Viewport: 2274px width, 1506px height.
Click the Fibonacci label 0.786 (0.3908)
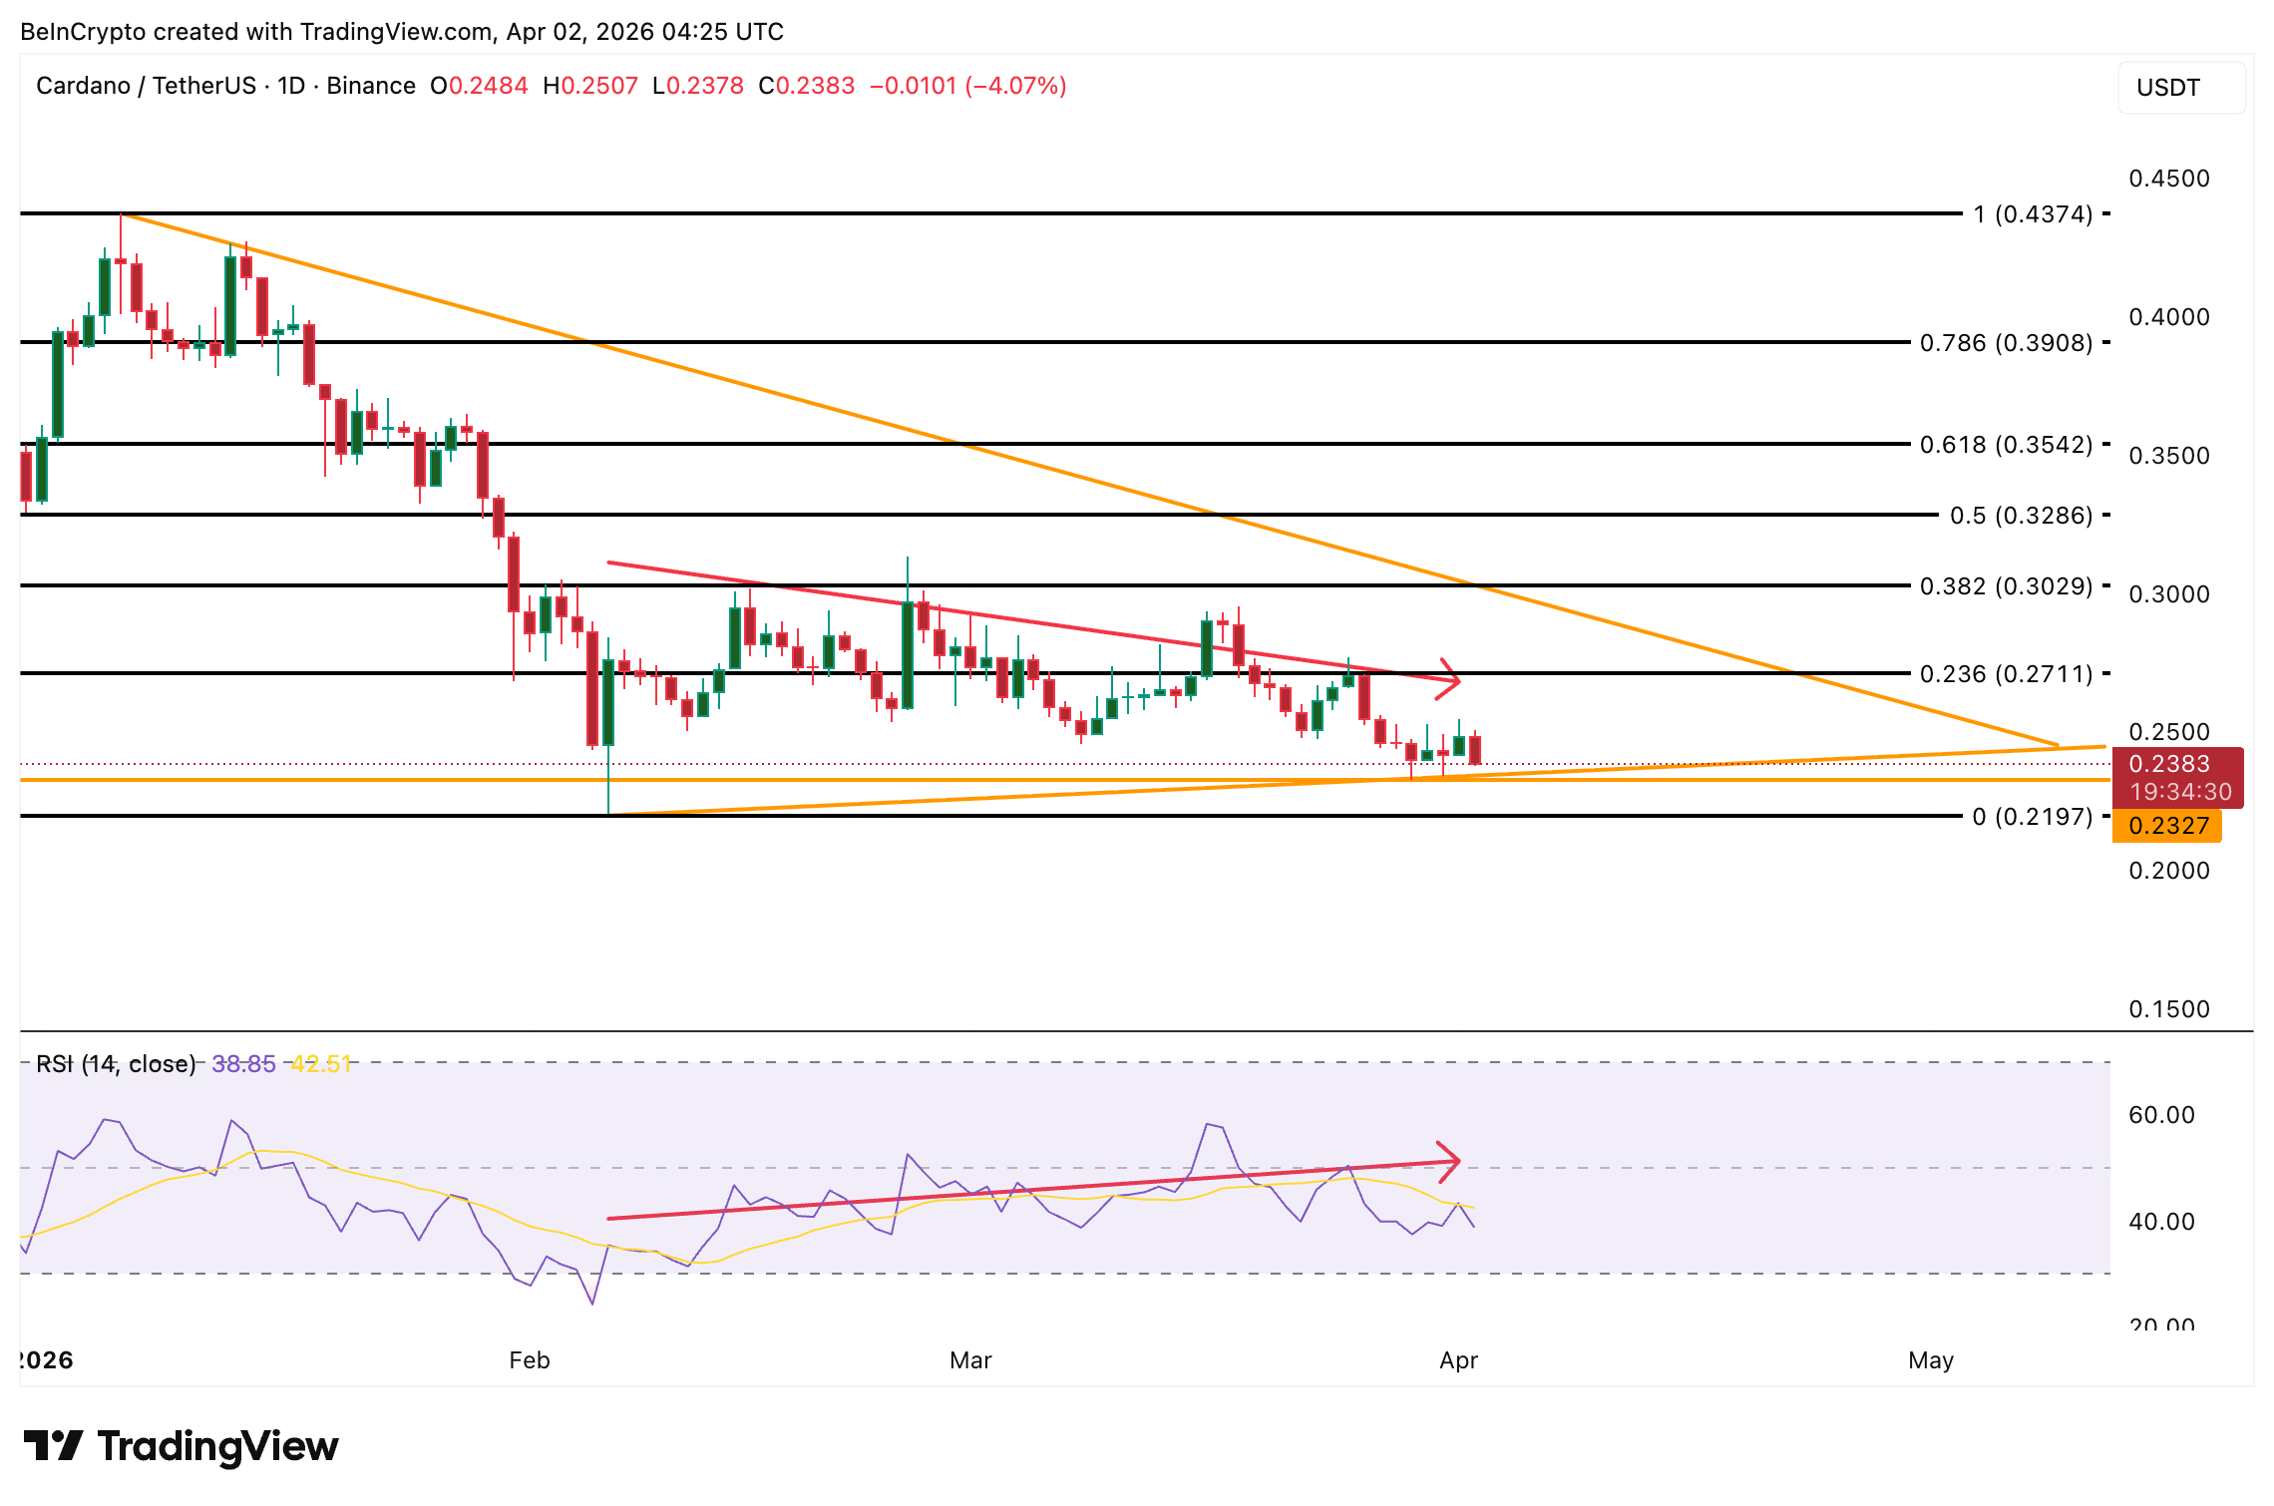pyautogui.click(x=2006, y=343)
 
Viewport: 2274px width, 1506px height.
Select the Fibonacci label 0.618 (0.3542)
pyautogui.click(x=2006, y=445)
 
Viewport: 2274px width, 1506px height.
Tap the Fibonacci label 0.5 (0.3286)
pyautogui.click(x=2021, y=516)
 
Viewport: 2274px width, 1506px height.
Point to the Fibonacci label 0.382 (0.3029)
pyautogui.click(x=2006, y=586)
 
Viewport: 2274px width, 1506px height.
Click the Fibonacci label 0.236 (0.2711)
pyautogui.click(x=2006, y=674)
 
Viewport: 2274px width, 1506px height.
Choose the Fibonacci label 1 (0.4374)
pyautogui.click(x=2032, y=214)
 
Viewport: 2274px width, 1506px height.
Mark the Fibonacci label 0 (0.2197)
pyautogui.click(x=2032, y=817)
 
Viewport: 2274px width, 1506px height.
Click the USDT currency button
pyautogui.click(x=2180, y=88)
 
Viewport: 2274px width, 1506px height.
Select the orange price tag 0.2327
pyautogui.click(x=2168, y=826)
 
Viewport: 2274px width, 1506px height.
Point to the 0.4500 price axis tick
pyautogui.click(x=2168, y=179)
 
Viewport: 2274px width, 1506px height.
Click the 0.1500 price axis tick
pyautogui.click(x=2168, y=1009)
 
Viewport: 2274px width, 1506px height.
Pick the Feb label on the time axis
pyautogui.click(x=529, y=1360)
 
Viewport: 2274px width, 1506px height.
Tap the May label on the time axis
pyautogui.click(x=1930, y=1360)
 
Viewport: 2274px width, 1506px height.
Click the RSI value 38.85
pyautogui.click(x=243, y=1064)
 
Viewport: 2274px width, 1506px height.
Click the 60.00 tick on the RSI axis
pyautogui.click(x=2160, y=1115)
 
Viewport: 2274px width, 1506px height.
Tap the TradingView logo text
pyautogui.click(x=217, y=1446)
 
